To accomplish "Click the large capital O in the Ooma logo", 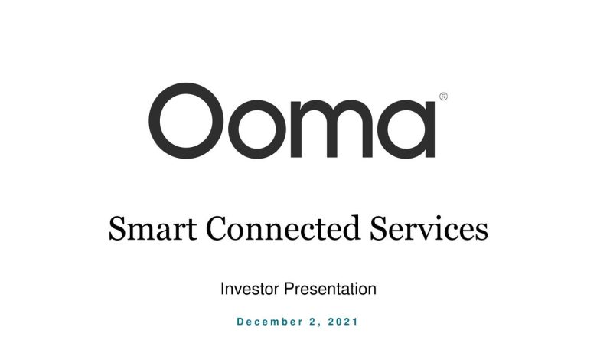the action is (153, 121).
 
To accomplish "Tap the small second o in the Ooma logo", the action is (233, 129).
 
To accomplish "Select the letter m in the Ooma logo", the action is (296, 129).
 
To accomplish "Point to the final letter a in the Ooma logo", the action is (430, 129).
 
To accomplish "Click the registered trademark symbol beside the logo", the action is (444, 97).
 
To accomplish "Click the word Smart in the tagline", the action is (152, 228).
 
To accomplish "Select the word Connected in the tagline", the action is (283, 228).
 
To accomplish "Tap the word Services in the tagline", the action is (429, 228).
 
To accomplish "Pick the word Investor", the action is (250, 289).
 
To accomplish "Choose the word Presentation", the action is (331, 289).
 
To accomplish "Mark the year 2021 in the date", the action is (343, 322).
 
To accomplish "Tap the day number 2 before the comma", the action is (313, 322).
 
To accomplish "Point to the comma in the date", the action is (318, 326).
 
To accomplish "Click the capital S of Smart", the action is (117, 228).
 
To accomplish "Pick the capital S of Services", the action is (378, 228).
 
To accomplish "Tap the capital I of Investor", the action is (223, 289).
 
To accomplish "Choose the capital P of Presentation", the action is (289, 289).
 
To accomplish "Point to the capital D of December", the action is (240, 322).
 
